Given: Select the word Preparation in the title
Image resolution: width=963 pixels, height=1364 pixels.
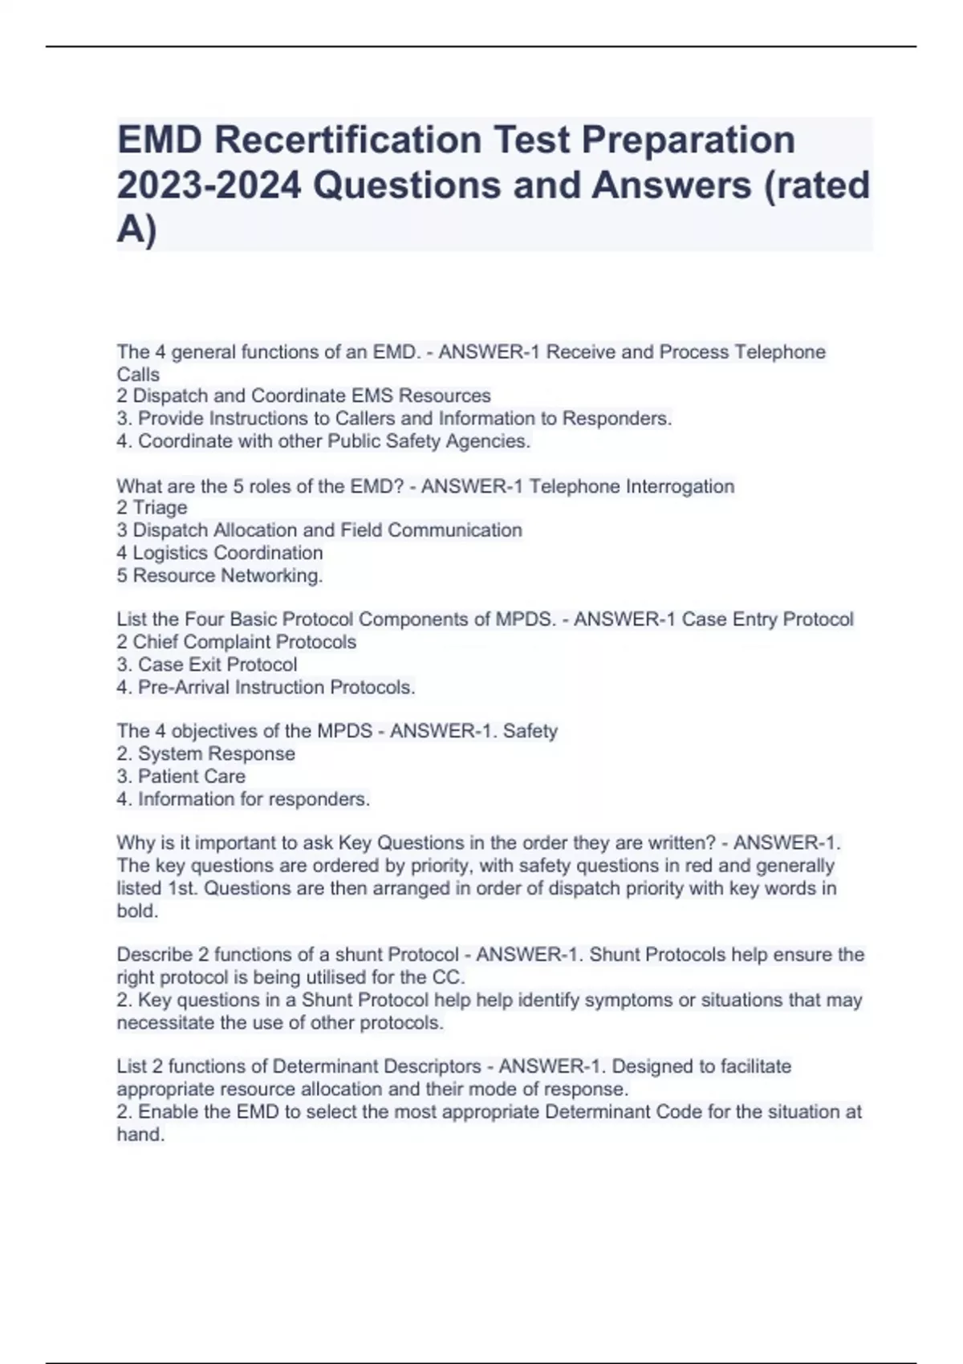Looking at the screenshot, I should tap(688, 140).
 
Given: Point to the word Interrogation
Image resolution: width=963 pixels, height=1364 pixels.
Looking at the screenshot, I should tap(680, 486).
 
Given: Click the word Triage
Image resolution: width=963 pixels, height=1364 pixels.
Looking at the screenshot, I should tap(160, 508).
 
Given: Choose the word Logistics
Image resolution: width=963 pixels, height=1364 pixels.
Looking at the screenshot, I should tap(169, 553).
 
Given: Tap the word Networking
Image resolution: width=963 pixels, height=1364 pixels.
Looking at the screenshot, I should tap(271, 575).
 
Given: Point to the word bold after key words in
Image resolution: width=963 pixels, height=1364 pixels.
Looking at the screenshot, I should tap(136, 911).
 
